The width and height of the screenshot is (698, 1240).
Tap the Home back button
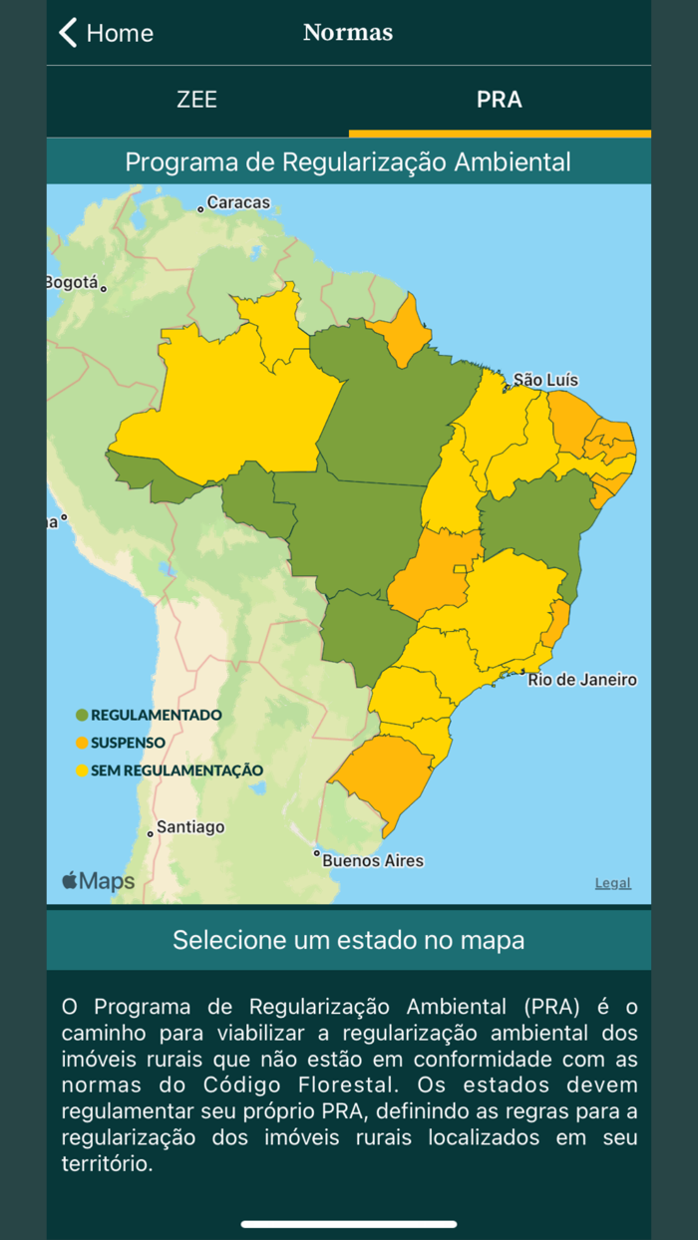[x=106, y=33]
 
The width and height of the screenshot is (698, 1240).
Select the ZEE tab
[x=196, y=100]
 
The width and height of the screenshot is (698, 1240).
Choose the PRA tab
[x=499, y=100]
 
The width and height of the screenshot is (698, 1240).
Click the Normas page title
[x=348, y=33]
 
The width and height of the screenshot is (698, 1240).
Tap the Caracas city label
[x=237, y=203]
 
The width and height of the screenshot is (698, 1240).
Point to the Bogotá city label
[x=72, y=283]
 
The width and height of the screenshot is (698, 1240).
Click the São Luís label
[x=544, y=380]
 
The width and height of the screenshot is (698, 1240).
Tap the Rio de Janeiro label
[x=581, y=680]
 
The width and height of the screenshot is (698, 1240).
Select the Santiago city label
[x=190, y=827]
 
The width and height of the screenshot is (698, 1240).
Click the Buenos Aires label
[x=372, y=860]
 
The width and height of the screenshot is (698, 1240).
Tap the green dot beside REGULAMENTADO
[x=82, y=715]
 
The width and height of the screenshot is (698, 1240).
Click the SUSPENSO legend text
[x=128, y=743]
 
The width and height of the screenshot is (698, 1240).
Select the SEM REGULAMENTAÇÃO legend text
[x=176, y=771]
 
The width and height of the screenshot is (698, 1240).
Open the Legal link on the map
[x=612, y=883]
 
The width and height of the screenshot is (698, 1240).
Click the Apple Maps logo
[x=98, y=881]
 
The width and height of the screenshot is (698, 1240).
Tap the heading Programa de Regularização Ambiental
[x=348, y=161]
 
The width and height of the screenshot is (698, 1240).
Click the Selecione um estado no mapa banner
[x=348, y=940]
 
